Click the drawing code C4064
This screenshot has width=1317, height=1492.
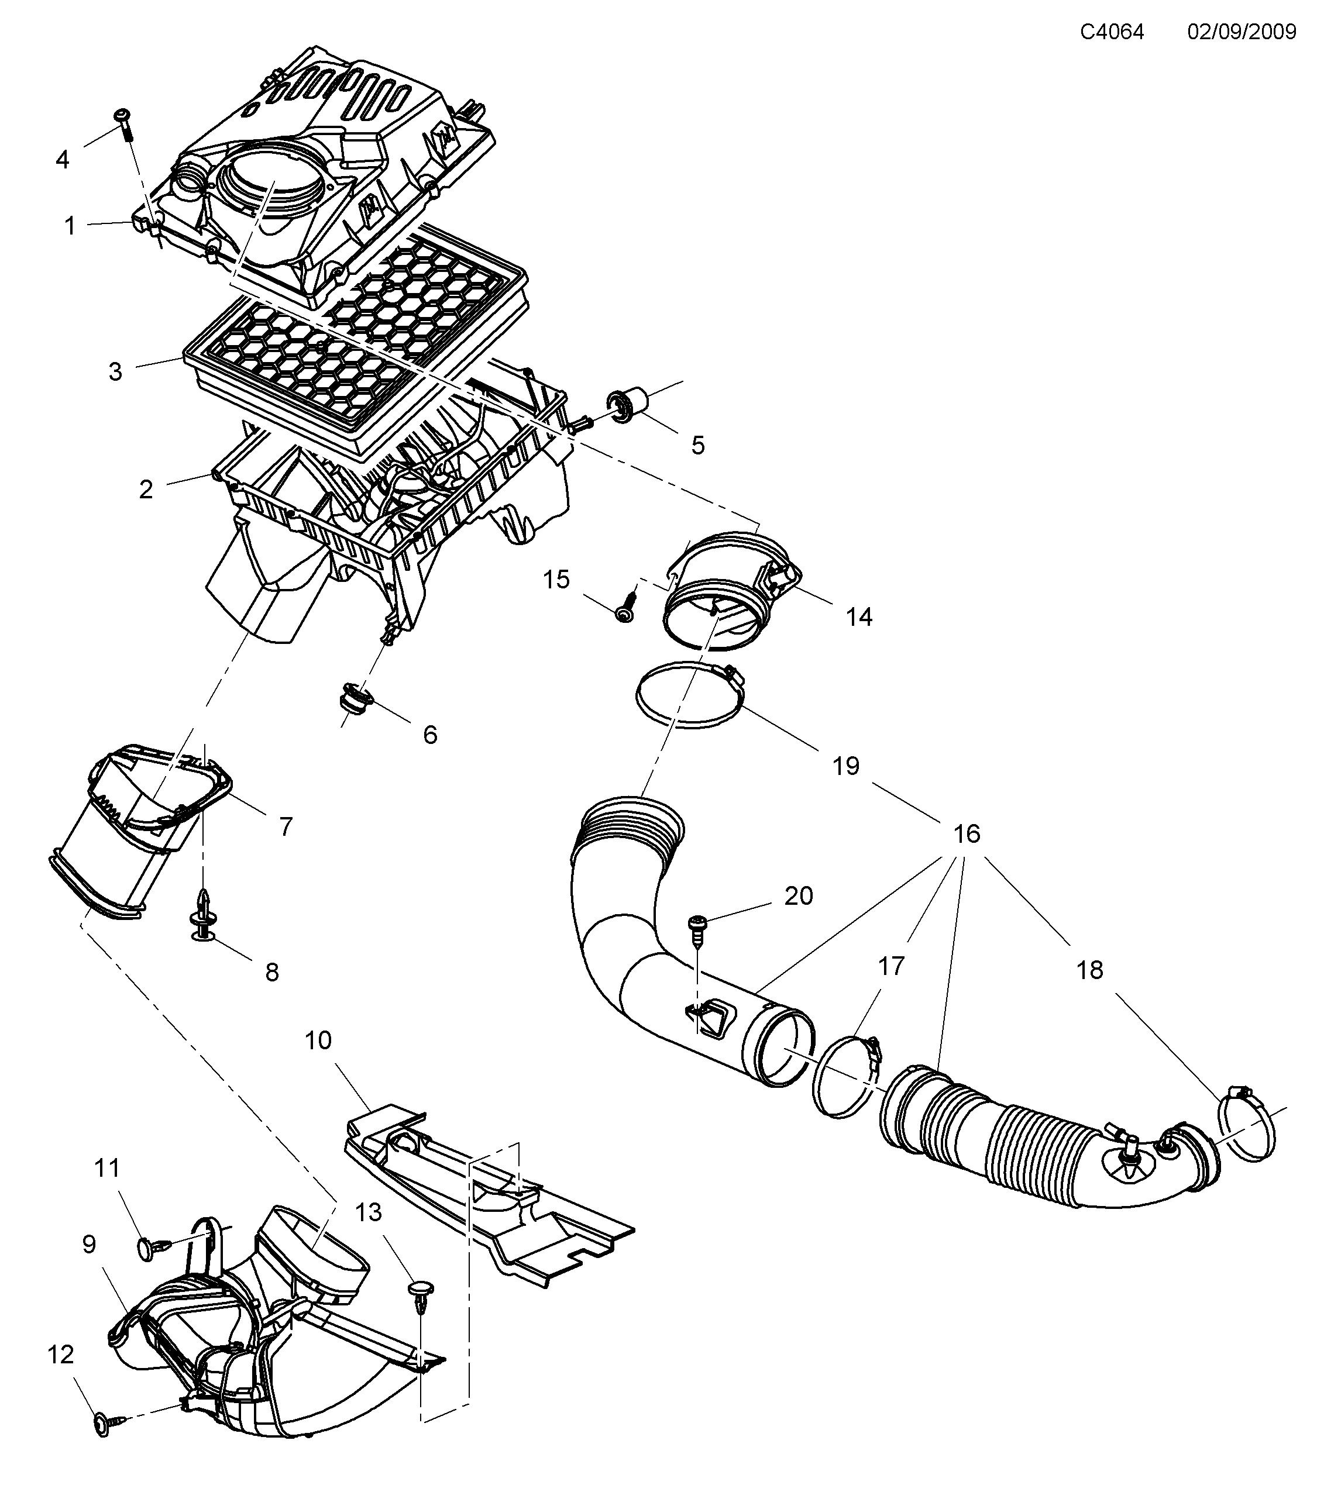(1112, 32)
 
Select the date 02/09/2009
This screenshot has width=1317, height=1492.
(1241, 32)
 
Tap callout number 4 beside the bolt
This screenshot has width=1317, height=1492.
(63, 159)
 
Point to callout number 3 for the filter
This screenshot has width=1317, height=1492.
(115, 371)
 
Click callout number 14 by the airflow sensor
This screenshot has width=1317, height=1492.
(858, 617)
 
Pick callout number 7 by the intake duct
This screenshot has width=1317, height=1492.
(286, 826)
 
